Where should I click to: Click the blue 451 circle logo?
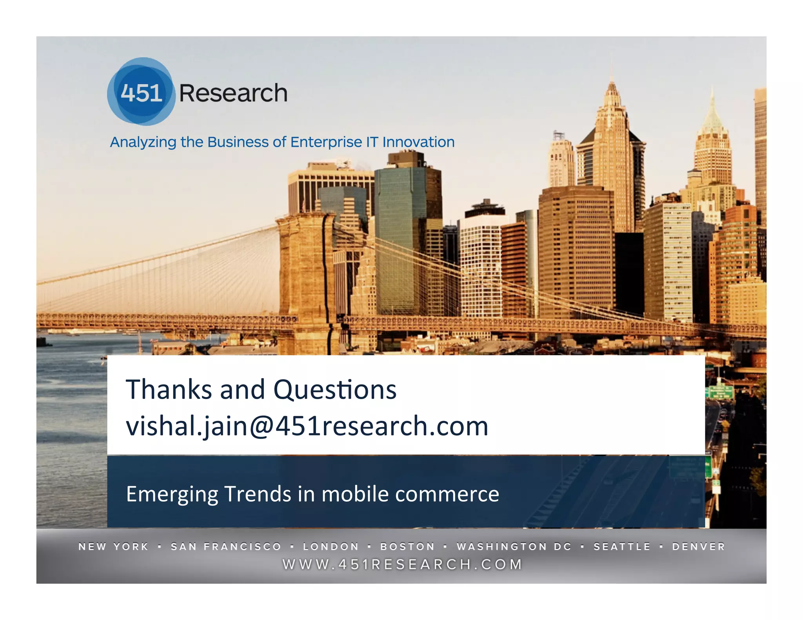[141, 92]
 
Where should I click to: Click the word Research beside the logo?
[233, 93]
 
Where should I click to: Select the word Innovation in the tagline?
[418, 142]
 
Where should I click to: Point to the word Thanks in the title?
[169, 390]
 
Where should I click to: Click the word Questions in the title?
[334, 390]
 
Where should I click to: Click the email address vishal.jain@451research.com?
[307, 426]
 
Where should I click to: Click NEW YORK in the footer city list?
[114, 546]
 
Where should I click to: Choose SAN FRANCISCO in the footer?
[226, 546]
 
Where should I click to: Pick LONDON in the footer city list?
[331, 546]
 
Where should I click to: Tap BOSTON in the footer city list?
[408, 546]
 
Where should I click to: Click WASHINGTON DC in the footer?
[514, 546]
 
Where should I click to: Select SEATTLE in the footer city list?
[622, 546]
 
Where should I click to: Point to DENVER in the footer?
[699, 546]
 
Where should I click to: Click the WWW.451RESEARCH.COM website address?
[403, 564]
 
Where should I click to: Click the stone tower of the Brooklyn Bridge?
[304, 274]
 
